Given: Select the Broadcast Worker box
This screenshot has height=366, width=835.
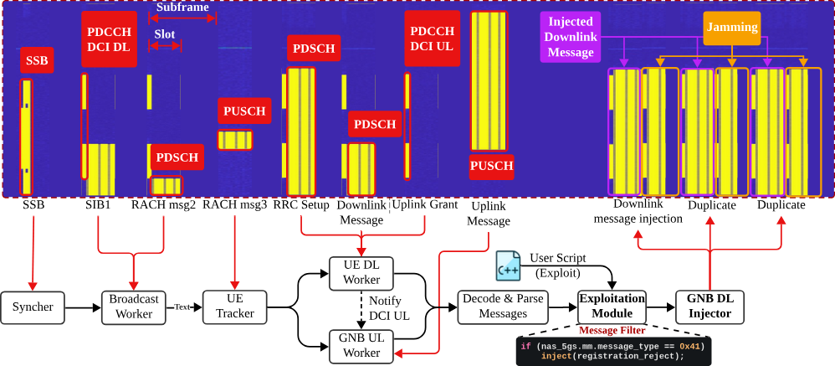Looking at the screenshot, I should point(135,307).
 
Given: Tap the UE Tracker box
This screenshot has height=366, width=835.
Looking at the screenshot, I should point(235,307).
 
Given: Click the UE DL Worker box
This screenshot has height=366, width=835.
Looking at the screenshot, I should point(361,272).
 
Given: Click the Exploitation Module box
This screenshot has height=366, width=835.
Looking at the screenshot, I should point(613,307).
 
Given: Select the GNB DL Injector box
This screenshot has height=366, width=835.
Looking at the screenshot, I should point(710,307).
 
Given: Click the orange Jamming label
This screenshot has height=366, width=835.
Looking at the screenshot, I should point(731,28).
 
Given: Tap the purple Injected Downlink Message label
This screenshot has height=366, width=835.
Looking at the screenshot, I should point(570,38).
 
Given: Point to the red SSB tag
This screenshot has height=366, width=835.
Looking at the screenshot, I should point(37,60).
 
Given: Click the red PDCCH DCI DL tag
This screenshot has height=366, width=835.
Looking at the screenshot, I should point(109,39).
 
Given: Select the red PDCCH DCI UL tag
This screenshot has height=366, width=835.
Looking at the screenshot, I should point(432,39).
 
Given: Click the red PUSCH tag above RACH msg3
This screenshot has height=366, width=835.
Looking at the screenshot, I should point(245,111).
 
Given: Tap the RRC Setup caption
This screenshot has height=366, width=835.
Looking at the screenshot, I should point(301,204).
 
